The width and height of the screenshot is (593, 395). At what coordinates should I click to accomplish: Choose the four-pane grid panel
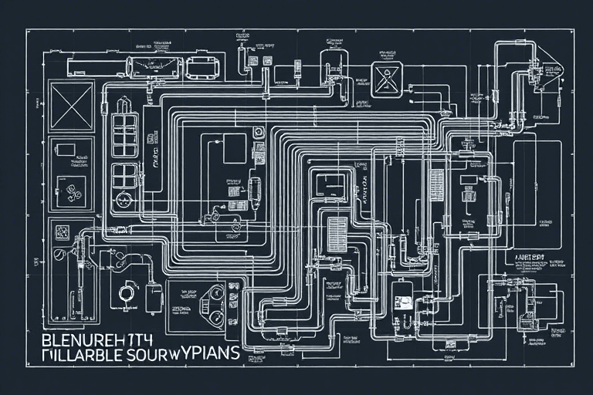pos(124,175)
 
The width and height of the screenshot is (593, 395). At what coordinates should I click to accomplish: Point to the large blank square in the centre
pos(235,147)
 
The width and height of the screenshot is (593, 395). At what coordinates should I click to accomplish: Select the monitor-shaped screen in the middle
pos(331,184)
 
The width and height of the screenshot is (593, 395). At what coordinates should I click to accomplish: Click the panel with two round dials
pos(205,295)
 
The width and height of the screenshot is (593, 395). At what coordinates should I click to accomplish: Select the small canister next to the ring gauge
pos(154,296)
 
